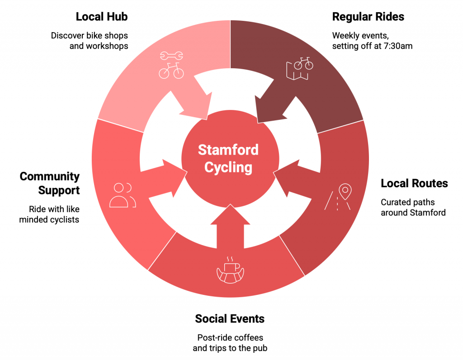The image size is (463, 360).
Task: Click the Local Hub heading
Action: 102,17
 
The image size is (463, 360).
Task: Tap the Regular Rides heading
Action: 368,17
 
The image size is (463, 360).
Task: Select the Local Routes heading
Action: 414,183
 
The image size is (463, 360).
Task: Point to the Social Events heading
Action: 230,319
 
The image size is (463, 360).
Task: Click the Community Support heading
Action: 50,183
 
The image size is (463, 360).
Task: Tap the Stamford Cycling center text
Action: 228,158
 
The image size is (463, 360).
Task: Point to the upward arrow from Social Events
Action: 230,228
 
